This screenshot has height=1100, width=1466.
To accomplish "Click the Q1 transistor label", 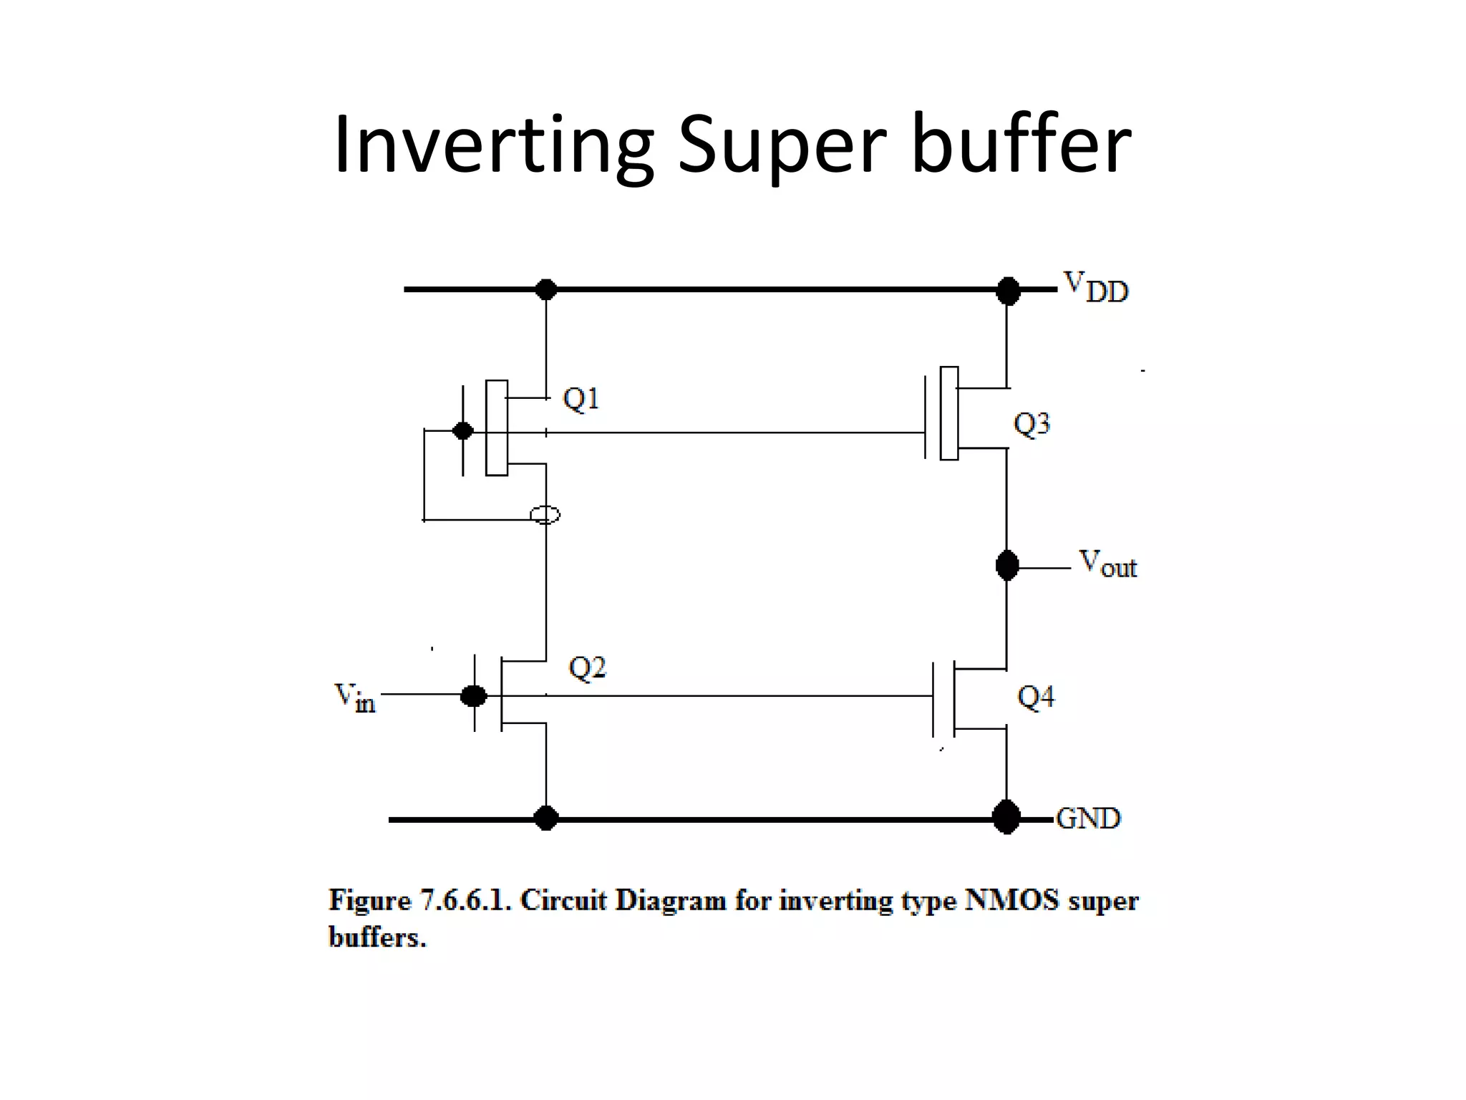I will [581, 399].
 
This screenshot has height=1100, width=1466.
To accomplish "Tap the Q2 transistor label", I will [587, 668].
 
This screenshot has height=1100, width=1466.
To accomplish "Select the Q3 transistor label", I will [1031, 424].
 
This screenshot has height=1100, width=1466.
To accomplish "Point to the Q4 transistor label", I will [1036, 697].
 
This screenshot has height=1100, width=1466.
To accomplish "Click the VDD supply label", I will [1096, 287].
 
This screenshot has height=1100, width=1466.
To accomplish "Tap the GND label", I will [1088, 819].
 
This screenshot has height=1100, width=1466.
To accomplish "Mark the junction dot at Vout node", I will [1007, 566].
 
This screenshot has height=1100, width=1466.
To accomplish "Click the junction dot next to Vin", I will [473, 695].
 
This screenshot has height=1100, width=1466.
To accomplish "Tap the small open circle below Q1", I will [545, 515].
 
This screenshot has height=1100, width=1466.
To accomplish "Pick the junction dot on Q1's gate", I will [463, 431].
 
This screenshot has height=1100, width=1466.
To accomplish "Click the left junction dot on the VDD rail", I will [546, 290].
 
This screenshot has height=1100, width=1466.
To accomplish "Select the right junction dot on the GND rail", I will [1006, 817].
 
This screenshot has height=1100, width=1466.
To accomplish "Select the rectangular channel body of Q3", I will [949, 413].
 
